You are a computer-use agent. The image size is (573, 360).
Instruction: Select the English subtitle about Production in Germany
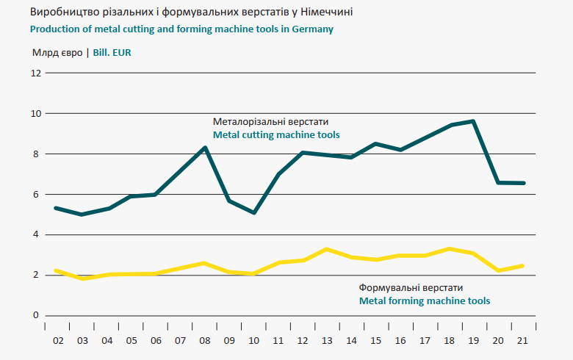click(x=181, y=29)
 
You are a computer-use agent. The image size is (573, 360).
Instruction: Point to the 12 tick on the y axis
click(x=34, y=73)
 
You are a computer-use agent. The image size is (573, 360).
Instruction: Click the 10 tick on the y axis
click(x=34, y=114)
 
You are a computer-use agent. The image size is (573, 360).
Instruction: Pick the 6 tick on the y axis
click(x=35, y=195)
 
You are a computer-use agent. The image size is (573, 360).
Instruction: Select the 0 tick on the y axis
click(x=35, y=316)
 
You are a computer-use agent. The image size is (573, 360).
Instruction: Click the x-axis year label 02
click(x=57, y=341)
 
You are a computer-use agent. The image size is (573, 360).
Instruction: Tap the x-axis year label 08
click(x=204, y=341)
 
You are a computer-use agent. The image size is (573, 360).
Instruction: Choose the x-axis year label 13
click(x=327, y=341)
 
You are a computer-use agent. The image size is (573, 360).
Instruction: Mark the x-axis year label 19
click(x=474, y=341)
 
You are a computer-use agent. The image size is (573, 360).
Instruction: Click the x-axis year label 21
click(x=523, y=341)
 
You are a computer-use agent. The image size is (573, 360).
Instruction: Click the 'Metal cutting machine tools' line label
click(x=275, y=136)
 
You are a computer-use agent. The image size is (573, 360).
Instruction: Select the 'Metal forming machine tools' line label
click(x=424, y=301)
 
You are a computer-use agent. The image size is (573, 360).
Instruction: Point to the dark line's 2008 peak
click(x=205, y=148)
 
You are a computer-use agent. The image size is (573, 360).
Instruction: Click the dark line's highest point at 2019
click(x=474, y=121)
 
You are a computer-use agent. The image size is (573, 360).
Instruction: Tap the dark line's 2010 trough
click(x=253, y=213)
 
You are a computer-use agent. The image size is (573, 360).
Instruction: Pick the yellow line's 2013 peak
click(x=327, y=249)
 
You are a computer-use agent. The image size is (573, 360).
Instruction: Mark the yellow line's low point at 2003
click(x=82, y=278)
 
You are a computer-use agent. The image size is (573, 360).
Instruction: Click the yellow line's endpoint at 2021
click(x=522, y=265)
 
